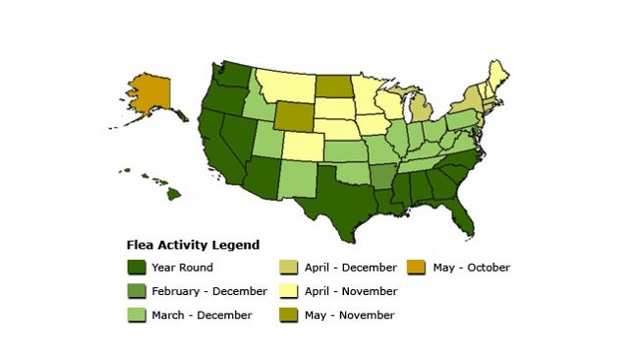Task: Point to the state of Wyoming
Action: point(291,116)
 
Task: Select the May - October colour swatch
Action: point(415,268)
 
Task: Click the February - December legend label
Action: point(209,291)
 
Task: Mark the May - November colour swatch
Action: point(290,315)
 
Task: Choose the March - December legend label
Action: point(202,315)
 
